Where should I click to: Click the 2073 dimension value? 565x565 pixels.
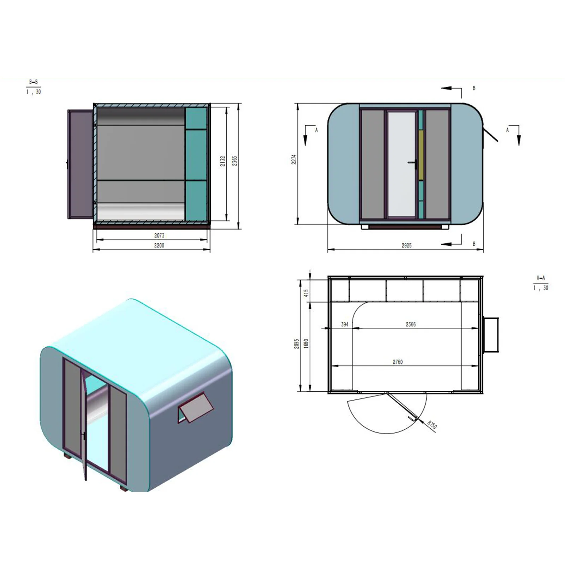159,236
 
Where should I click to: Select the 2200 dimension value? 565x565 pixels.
159,245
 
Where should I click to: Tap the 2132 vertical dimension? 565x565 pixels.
222,161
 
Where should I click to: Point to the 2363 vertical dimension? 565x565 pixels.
234,161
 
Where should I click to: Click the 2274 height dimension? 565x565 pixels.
294,159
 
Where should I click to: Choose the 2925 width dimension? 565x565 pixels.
406,245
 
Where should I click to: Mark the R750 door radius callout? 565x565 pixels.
432,424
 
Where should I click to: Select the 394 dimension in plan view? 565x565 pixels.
345,324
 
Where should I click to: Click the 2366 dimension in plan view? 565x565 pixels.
411,324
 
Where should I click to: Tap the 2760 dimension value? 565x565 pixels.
398,362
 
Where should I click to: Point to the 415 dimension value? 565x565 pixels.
306,293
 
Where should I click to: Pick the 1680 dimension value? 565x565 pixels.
306,343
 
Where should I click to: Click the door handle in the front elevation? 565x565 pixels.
413,163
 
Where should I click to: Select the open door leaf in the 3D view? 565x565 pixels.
84,424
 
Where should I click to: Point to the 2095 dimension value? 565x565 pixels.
297,344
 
